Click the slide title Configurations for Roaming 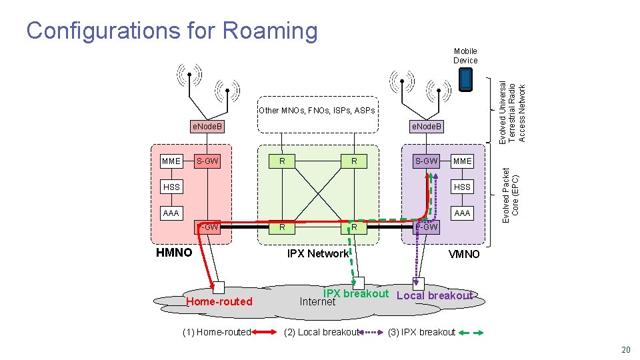172,31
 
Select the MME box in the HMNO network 171,161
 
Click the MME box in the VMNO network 462,161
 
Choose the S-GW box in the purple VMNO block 426,161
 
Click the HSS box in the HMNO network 171,187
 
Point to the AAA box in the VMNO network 462,213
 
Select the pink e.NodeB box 207,126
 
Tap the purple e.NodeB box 426,126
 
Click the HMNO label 173,253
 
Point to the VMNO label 463,254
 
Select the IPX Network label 317,253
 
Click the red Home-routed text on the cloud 219,301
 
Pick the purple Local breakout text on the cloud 434,295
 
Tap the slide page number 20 625,350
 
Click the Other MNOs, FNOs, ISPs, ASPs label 317,110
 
